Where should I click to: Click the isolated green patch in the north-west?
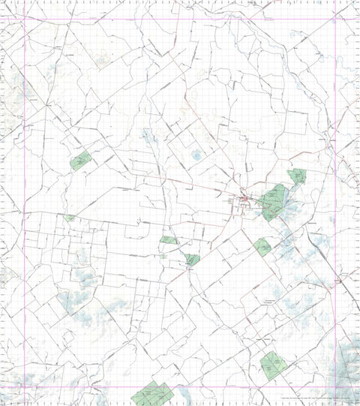tap(80, 160)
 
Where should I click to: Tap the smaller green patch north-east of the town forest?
tap(298, 176)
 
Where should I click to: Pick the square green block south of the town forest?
tap(262, 245)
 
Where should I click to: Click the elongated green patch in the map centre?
tap(168, 240)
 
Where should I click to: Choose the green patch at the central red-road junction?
tap(193, 260)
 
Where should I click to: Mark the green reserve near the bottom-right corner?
tap(271, 365)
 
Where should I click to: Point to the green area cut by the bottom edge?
tap(152, 393)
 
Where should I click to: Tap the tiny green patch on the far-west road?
tap(70, 218)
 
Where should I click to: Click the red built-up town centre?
tap(244, 200)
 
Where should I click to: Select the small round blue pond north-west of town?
tap(196, 155)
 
